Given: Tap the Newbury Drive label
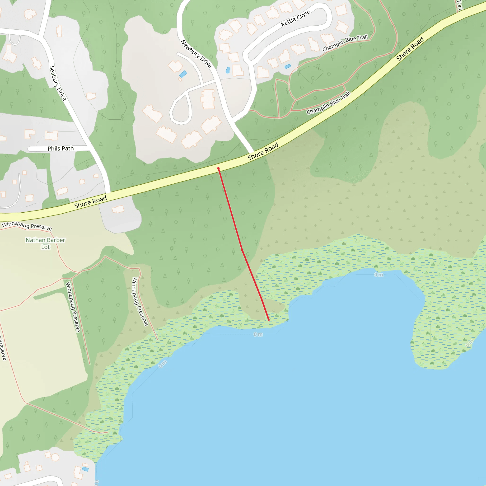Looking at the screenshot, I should (196, 54).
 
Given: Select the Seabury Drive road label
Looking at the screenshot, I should (58, 83).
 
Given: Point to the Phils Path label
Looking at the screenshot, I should (61, 148).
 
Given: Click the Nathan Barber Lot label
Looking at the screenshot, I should (45, 243).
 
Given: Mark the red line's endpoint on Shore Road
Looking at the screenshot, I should (218, 168).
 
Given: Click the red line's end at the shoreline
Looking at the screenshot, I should (269, 320).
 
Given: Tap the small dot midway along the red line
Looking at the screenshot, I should (242, 250).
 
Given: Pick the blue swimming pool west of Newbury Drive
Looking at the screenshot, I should (183, 74).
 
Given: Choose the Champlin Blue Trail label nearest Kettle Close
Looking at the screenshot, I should (345, 43).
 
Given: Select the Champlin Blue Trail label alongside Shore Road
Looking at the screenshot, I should (328, 103).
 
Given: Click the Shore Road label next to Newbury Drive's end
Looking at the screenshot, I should (263, 151).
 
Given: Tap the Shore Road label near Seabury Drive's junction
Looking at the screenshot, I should (91, 202).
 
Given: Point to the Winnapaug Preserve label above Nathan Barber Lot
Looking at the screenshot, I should (27, 226).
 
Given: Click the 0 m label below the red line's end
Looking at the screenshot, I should (258, 334).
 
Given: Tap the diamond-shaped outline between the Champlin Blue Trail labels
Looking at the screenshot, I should (311, 74).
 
